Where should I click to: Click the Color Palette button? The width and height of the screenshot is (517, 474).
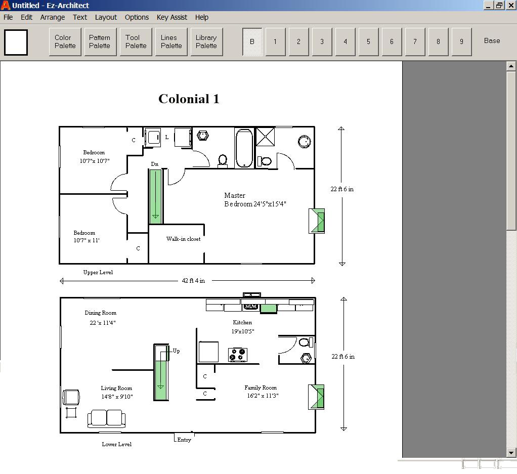65,41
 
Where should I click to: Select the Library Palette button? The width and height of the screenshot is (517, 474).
206,41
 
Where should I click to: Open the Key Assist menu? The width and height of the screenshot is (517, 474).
172,17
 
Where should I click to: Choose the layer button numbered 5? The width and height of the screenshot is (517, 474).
368,41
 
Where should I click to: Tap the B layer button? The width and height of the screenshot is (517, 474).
252,41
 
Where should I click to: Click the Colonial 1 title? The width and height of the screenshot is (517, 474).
189,99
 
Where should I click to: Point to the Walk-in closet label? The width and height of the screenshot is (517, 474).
183,239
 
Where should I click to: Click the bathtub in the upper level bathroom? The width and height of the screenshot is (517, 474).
244,148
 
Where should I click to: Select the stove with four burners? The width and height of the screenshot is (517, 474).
238,355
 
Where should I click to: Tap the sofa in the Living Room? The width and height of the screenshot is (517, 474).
107,419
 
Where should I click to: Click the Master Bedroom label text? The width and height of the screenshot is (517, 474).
255,200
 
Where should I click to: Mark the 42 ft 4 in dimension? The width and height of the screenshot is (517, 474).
194,281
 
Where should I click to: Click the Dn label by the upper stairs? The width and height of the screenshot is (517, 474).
155,164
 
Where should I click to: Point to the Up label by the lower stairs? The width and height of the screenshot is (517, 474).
177,351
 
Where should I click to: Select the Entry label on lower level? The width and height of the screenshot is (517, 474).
184,440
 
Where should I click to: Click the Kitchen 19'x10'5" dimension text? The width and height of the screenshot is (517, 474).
243,331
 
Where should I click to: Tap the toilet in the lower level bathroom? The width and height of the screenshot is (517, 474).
306,342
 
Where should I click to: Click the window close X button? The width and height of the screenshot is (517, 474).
511,5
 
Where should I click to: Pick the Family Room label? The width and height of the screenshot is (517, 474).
261,387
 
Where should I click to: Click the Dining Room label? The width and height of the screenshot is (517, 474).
101,313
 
